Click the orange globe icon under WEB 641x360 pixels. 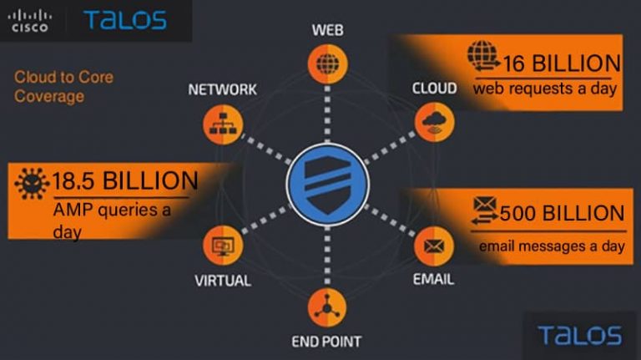point(326,63)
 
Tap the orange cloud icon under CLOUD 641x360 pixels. point(433,122)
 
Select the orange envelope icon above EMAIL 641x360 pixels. point(433,246)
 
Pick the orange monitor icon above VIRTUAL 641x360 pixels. point(223,246)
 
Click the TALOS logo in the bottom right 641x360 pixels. point(579,336)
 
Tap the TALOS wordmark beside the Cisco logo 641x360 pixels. point(124,21)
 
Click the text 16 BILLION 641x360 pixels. point(562,63)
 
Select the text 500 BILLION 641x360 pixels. point(562,213)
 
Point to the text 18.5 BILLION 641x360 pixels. point(125,180)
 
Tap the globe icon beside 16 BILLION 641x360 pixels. point(482,56)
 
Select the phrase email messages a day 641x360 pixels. point(552,246)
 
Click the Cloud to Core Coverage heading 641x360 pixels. point(63,87)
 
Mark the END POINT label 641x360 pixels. point(326,341)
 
